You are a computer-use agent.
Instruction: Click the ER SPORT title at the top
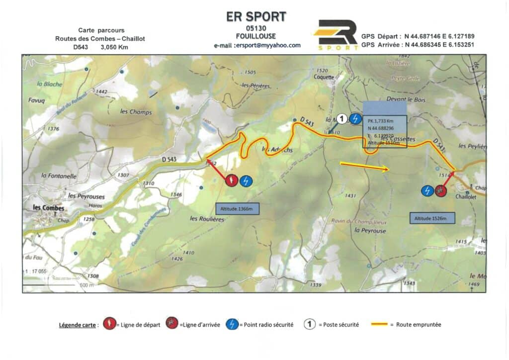256,16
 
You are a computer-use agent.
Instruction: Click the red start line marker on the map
232,180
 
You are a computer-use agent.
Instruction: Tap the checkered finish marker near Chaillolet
440,190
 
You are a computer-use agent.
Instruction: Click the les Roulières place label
208,218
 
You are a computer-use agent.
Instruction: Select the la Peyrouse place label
370,231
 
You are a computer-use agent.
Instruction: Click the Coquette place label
324,77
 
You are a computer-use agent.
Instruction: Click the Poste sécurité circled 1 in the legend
310,325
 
